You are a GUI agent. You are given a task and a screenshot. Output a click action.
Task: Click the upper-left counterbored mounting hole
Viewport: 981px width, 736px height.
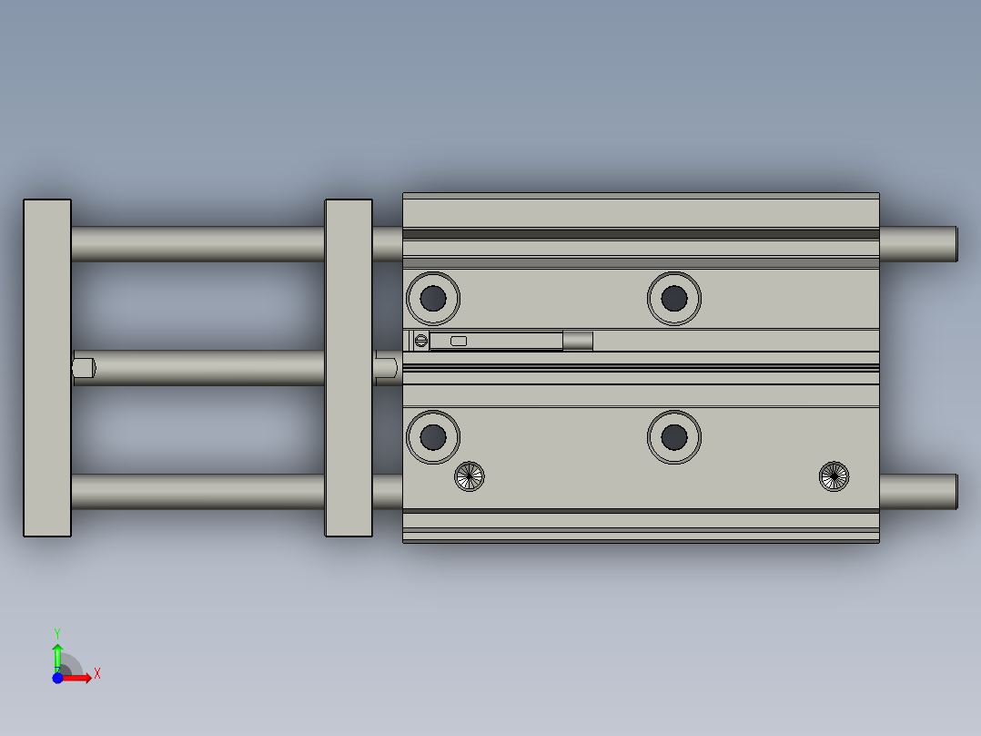click(433, 298)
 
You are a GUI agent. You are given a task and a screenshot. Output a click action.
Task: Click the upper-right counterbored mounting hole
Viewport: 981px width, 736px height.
click(674, 298)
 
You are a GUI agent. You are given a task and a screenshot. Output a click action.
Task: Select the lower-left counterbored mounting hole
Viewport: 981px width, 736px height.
click(433, 437)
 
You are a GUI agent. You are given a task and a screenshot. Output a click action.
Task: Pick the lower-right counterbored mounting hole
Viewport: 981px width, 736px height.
click(674, 437)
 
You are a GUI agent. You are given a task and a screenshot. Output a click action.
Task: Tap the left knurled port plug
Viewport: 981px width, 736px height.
click(470, 475)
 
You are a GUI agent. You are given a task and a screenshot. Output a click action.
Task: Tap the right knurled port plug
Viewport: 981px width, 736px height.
click(834, 476)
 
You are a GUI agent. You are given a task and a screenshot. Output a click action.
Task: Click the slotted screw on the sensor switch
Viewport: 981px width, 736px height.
click(420, 341)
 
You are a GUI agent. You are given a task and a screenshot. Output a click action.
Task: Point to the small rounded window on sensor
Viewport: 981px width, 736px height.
click(459, 341)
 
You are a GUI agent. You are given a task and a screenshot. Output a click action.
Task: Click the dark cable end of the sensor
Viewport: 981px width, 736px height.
click(578, 341)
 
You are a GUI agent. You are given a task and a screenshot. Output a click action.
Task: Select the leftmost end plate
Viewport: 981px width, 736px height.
click(47, 368)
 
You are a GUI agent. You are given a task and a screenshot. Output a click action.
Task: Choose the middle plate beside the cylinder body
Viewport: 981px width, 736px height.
click(349, 368)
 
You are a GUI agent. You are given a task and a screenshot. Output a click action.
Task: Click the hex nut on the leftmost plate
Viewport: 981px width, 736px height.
click(84, 368)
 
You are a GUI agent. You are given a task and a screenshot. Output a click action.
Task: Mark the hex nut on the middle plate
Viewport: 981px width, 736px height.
click(386, 368)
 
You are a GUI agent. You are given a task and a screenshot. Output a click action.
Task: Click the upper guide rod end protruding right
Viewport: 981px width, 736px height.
click(919, 243)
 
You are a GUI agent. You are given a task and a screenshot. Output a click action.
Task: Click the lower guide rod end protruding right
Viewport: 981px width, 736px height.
click(919, 492)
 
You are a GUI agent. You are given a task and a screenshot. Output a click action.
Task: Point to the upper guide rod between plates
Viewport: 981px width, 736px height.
click(197, 243)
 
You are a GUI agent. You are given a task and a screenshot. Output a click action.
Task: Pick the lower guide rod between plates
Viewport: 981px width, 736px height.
click(197, 492)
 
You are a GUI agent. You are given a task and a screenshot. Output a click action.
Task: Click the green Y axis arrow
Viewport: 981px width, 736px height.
click(57, 652)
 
